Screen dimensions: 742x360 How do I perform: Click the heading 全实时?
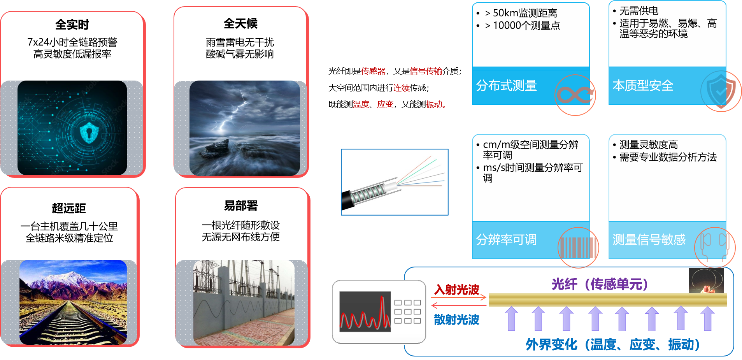(72, 25)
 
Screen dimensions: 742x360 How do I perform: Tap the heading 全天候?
(240, 23)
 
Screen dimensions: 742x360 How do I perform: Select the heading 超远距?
(69, 208)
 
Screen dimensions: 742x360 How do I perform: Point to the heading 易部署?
(241, 205)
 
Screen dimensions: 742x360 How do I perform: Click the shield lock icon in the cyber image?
(89, 132)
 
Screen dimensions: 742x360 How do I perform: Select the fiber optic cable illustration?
(395, 182)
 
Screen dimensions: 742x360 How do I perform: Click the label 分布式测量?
(506, 85)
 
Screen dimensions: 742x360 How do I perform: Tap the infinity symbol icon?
(575, 95)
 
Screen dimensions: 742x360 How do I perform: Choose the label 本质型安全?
(643, 85)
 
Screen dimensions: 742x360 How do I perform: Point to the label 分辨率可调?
(506, 239)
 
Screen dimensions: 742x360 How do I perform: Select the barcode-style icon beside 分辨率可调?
(578, 248)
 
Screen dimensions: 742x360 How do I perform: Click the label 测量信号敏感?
(649, 239)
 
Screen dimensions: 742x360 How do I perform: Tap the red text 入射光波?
(456, 290)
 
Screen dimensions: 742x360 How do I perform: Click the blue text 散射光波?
(456, 320)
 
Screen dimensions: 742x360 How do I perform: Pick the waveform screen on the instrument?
(365, 311)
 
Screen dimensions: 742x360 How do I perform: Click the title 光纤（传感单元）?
(600, 284)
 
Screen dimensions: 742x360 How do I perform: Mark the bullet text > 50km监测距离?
(521, 13)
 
